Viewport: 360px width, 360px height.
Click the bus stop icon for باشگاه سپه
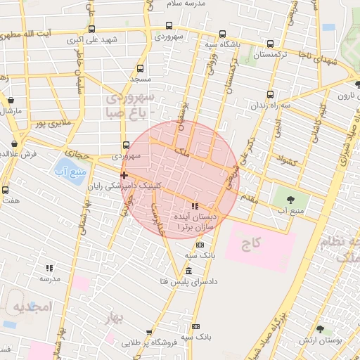222,34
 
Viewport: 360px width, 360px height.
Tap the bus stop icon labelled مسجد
141,69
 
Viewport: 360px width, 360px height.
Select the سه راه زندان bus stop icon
271,94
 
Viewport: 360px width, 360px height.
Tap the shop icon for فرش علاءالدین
15,144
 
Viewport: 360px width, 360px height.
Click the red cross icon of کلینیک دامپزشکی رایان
124,175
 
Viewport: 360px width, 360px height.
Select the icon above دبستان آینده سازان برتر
195,207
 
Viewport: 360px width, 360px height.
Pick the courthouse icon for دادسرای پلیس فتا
188,271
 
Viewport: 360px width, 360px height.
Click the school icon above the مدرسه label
49,268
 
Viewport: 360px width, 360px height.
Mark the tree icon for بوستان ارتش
320,329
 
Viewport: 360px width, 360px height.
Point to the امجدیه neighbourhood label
33,307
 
